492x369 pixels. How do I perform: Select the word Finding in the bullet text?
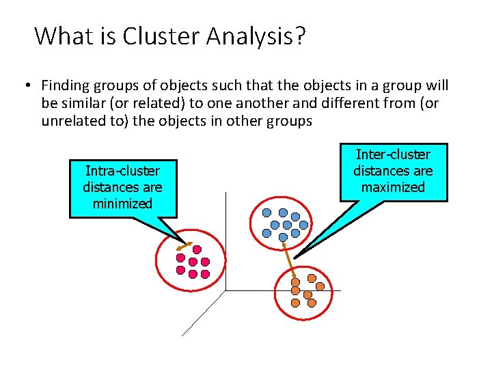[64, 85]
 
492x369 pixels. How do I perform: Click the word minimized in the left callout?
[123, 203]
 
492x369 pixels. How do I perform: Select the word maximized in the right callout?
[393, 187]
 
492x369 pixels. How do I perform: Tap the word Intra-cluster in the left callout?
[123, 171]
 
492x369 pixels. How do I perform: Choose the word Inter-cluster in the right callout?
[393, 154]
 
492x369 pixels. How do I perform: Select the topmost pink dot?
[197, 250]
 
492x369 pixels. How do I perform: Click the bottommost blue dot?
[283, 237]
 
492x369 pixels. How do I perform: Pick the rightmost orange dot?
[320, 287]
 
